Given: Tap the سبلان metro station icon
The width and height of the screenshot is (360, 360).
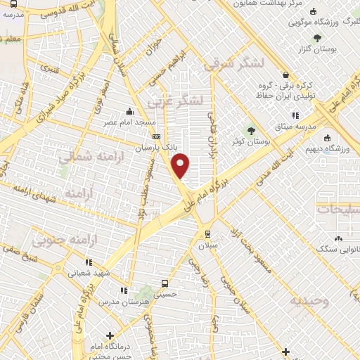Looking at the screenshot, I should pos(207,234).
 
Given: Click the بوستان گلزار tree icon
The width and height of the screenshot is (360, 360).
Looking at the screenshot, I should pos(319,37).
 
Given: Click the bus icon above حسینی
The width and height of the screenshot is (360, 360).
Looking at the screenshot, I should pos(164,283).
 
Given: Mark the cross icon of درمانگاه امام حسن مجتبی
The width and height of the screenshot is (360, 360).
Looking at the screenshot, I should pos(110,336).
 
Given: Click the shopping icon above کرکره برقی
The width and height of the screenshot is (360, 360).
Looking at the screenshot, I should pos(285,75).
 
